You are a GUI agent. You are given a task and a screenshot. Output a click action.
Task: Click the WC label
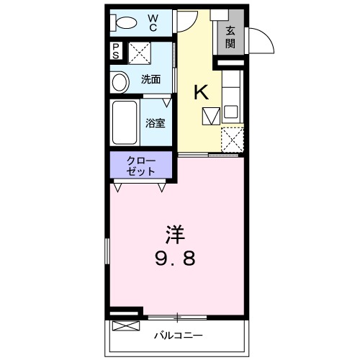pos(153,22)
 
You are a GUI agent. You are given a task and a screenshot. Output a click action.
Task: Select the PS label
pos(116,53)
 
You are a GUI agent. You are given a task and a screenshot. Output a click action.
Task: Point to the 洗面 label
pos(150,79)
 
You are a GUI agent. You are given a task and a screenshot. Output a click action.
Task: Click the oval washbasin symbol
pos(120,81)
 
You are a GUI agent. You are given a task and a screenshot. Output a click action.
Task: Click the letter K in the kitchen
pos(202,91)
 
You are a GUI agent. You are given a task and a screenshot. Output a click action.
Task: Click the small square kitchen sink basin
pos(230,112)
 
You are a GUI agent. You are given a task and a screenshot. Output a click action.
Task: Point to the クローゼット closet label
pos(141,166)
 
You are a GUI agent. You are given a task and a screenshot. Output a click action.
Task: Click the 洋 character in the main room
pos(175,234)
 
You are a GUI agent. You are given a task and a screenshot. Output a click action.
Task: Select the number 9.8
pos(175,257)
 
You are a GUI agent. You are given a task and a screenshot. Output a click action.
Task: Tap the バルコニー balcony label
pos(178,336)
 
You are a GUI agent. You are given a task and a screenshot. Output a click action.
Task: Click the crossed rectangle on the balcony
pos(124,325)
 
